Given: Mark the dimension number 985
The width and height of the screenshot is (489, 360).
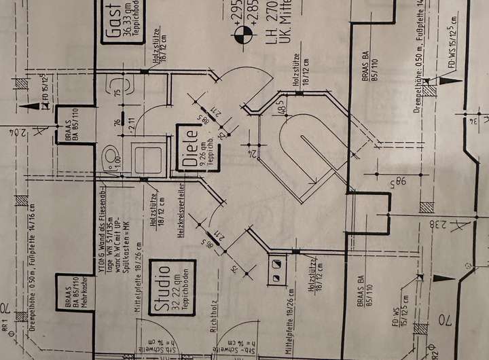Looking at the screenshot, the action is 392,182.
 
